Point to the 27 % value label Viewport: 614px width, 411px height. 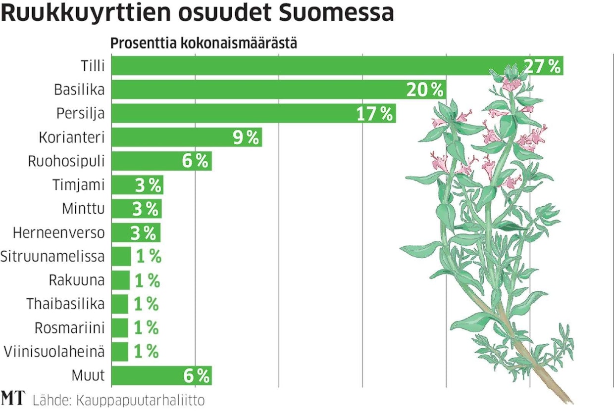(542, 66)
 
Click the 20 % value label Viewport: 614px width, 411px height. (424, 90)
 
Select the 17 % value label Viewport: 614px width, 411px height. (374, 114)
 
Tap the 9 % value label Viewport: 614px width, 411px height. (246, 137)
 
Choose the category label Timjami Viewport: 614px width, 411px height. (79, 185)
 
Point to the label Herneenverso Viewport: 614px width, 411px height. (59, 232)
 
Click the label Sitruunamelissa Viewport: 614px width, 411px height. (52, 257)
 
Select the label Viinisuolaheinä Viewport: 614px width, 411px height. (54, 352)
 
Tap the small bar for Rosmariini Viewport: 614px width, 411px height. (120, 328)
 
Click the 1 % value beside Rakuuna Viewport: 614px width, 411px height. (147, 281)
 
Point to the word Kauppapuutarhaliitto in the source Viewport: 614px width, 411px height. (141, 400)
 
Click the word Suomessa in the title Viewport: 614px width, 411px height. (336, 14)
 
